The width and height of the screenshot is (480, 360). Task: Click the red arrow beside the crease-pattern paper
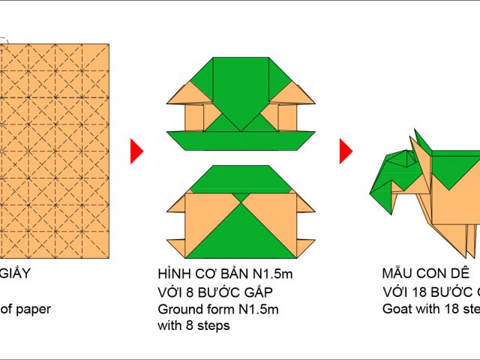[136, 151]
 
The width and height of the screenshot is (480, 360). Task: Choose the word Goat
[397, 309]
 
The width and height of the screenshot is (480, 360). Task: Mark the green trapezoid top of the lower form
[241, 178]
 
